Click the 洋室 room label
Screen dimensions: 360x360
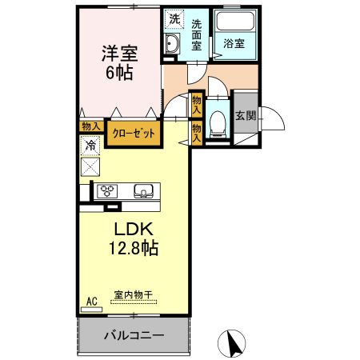(119, 54)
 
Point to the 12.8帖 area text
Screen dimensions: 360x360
(134, 249)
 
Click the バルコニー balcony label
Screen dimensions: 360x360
(133, 335)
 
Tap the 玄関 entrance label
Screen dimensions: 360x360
(245, 116)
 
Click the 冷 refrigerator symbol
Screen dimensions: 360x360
(90, 146)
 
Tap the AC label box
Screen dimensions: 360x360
(91, 301)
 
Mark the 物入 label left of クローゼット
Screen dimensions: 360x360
(90, 126)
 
